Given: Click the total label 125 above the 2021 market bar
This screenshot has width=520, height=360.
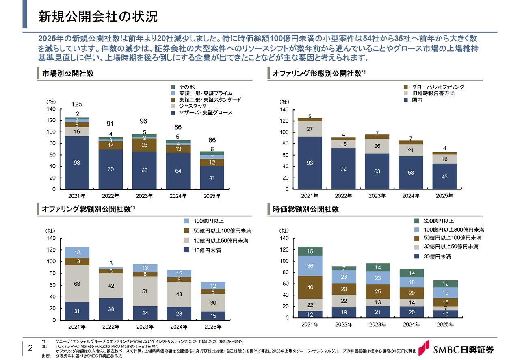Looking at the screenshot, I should click(77, 104).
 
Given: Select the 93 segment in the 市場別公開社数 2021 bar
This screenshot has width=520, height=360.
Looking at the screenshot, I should click(77, 163).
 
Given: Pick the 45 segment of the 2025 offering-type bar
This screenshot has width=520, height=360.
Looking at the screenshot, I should click(444, 176).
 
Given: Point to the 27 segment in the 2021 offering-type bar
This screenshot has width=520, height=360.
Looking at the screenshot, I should click(310, 129).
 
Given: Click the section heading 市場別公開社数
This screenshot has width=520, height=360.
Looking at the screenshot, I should click(68, 74).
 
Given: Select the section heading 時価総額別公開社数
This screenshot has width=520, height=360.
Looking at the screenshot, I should click(306, 209).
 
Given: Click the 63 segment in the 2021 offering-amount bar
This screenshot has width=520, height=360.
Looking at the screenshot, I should click(77, 284).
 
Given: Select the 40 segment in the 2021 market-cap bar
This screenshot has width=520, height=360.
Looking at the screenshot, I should click(310, 287).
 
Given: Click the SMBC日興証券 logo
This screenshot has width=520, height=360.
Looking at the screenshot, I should click(458, 349).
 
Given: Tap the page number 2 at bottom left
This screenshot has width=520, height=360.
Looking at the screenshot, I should click(30, 348).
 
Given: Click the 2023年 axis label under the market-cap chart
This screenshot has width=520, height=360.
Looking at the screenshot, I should click(377, 324).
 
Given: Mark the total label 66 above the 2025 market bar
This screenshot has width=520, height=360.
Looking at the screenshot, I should click(212, 140).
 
